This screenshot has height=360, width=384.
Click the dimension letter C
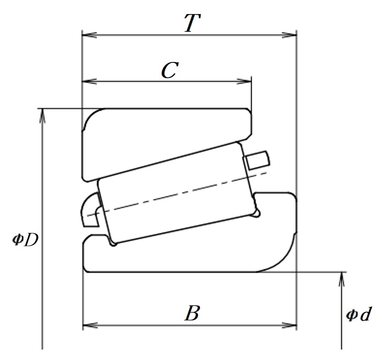click(170, 70)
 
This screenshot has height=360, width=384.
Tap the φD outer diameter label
click(25, 240)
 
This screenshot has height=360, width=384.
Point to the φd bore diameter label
click(359, 314)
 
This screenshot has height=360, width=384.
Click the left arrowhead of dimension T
click(89, 35)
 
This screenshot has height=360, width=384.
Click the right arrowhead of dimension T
click(289, 35)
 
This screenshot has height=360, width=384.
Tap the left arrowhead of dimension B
click(90, 326)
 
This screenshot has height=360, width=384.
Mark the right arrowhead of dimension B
click(289, 326)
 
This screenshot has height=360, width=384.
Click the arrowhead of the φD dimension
click(42, 115)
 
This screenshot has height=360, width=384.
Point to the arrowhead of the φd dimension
click(342, 279)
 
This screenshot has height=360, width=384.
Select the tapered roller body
click(178, 194)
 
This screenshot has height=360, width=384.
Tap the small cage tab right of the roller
click(257, 161)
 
